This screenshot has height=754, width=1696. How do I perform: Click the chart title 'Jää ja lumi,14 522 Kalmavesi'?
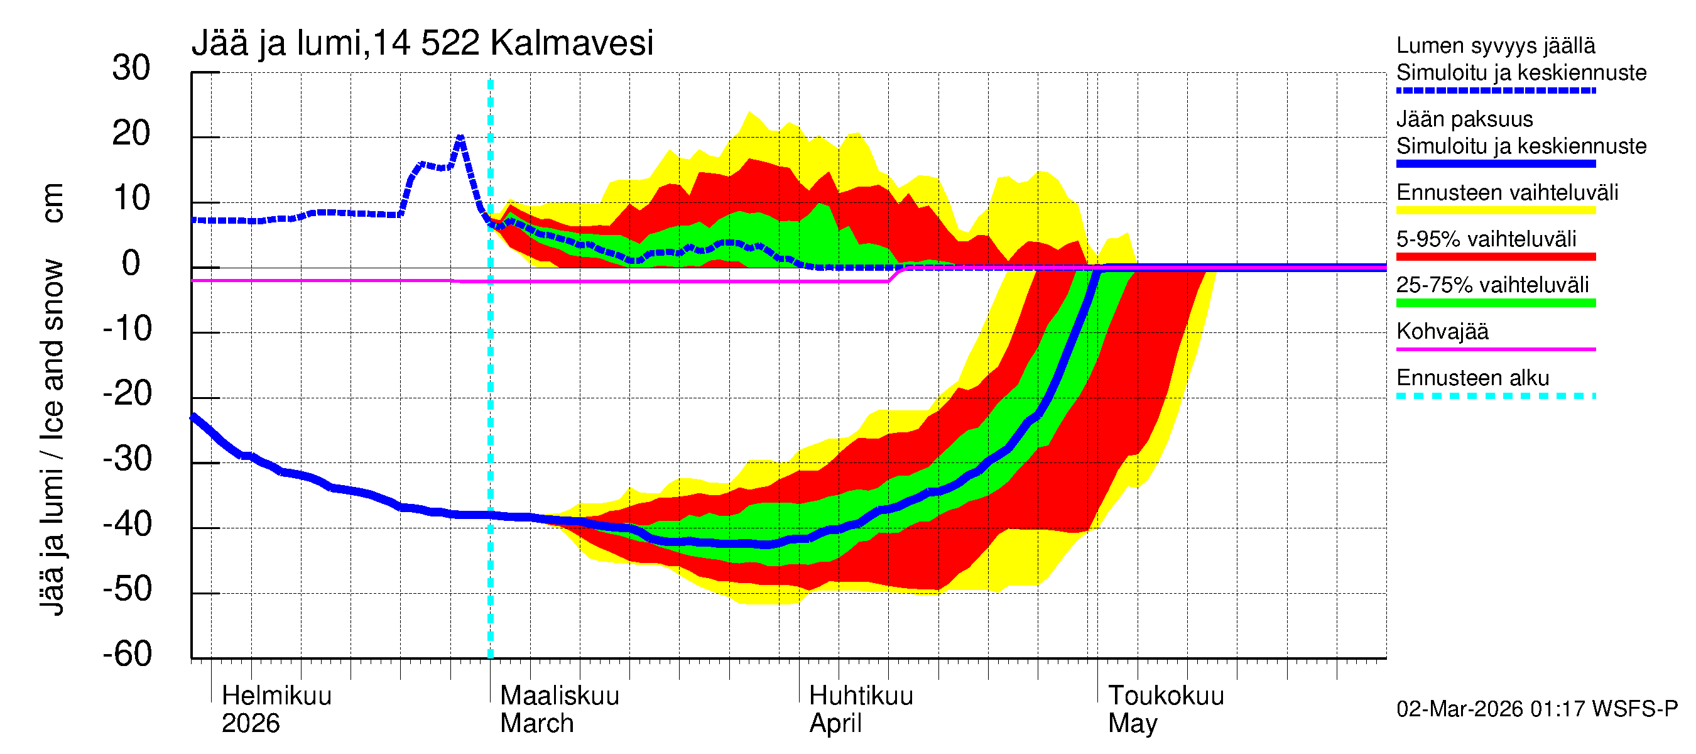[x=421, y=43]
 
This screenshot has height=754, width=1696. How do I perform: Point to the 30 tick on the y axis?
[x=131, y=68]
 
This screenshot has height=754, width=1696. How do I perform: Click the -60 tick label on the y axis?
[x=127, y=654]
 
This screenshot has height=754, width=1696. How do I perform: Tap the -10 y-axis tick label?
[x=127, y=329]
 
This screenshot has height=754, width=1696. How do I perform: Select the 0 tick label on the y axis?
[x=131, y=264]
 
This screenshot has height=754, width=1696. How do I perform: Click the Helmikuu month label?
[x=276, y=696]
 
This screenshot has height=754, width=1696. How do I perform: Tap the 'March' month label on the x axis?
[x=536, y=723]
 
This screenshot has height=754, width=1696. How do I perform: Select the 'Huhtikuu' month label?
[x=861, y=696]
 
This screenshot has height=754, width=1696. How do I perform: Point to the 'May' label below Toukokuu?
[x=1132, y=723]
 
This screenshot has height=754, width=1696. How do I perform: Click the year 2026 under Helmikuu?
[x=250, y=723]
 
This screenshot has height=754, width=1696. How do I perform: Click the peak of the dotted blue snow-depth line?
[x=460, y=138]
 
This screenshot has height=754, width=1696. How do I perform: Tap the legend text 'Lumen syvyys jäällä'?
[x=1495, y=45]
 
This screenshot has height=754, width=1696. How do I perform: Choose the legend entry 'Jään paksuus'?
[x=1464, y=119]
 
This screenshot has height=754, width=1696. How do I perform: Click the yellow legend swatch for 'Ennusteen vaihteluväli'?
[x=1495, y=210]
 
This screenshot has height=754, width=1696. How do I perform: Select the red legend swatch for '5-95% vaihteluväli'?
[x=1495, y=257]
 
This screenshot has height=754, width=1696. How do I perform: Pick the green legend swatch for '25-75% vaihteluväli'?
[x=1495, y=303]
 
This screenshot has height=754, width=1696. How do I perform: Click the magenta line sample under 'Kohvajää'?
[x=1495, y=349]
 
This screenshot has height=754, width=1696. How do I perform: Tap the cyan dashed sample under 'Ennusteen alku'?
[x=1495, y=396]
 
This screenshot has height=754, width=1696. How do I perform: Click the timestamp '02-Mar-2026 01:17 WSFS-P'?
[x=1536, y=709]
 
